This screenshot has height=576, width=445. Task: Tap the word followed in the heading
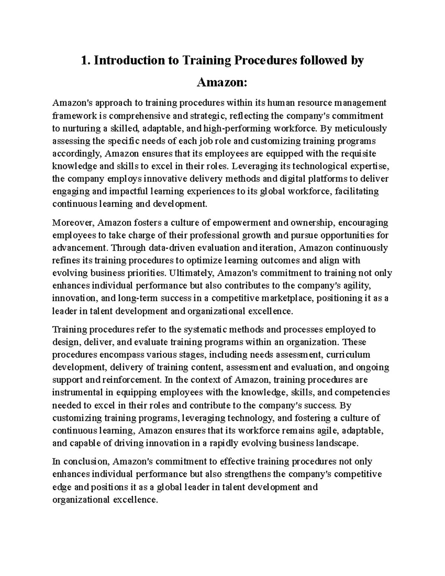[322, 60]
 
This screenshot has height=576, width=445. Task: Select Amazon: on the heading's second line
[221, 82]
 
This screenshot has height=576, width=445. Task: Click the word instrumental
[78, 392]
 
